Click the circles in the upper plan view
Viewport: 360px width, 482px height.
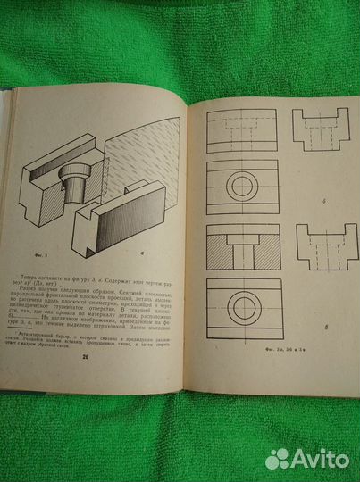click(243, 186)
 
